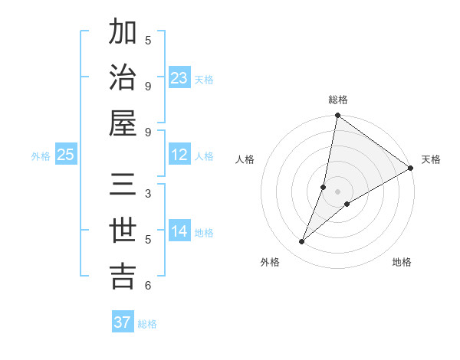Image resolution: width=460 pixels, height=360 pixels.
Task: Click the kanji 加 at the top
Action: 123,33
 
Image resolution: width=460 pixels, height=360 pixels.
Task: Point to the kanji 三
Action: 123,186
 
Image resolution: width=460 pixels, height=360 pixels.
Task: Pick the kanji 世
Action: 123,231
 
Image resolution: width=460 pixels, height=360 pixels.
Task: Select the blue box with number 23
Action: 179,78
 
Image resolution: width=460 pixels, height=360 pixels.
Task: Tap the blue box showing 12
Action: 179,155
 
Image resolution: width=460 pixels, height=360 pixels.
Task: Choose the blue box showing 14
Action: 179,231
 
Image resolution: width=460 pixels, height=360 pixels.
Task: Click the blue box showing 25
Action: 66,155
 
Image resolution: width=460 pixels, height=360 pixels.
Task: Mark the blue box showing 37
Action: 123,322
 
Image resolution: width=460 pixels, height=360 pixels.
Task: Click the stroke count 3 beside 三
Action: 148,194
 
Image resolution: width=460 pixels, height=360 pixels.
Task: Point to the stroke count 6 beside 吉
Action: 148,286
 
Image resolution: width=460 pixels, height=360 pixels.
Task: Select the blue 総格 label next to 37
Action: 147,324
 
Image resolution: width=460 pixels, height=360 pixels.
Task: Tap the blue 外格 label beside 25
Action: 41,156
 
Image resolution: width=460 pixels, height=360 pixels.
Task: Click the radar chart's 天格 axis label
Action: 431,159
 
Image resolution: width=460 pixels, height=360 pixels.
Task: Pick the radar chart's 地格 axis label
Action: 402,263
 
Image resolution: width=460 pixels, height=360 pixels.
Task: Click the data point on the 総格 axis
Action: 337,116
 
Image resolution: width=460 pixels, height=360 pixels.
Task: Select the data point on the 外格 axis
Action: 301,242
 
